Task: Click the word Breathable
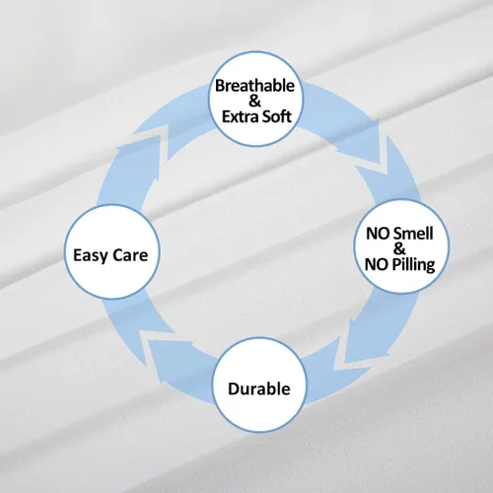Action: click(x=254, y=86)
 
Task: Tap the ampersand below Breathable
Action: click(x=254, y=101)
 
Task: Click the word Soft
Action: click(x=277, y=116)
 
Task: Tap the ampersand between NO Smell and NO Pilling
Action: click(x=399, y=248)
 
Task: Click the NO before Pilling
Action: click(x=377, y=264)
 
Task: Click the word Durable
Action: click(x=259, y=388)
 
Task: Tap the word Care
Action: click(x=131, y=255)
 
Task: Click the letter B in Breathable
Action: click(x=220, y=86)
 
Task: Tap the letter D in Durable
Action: click(x=234, y=389)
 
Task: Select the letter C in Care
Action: click(x=119, y=255)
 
